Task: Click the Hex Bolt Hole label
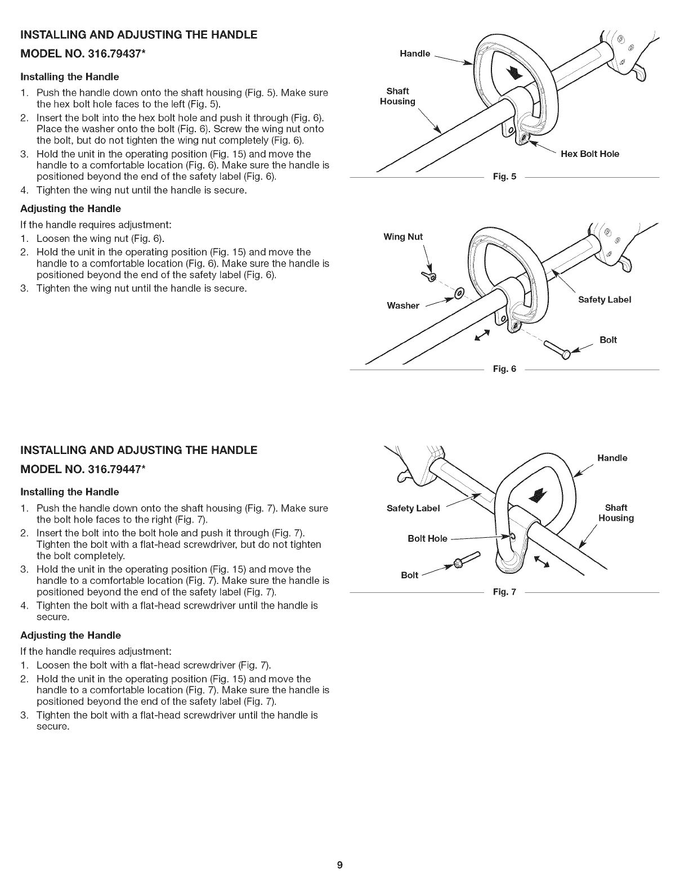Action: coord(590,154)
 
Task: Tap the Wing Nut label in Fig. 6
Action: coord(402,236)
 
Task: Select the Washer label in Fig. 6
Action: coord(403,305)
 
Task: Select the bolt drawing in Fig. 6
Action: coord(558,350)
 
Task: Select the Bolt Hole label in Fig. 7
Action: coord(427,539)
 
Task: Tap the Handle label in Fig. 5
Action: coord(415,53)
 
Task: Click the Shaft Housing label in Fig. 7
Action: coord(616,513)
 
